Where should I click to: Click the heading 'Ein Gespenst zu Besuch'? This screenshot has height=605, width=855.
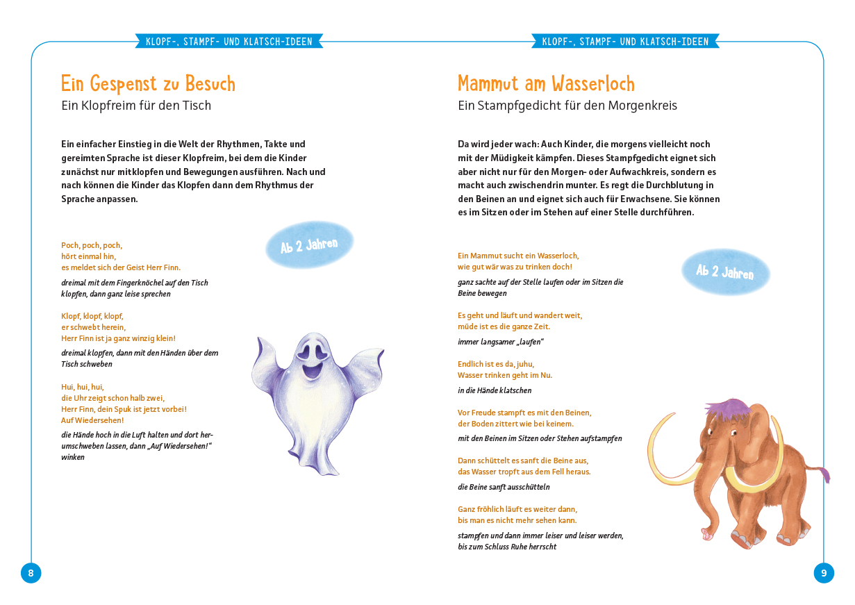(x=148, y=84)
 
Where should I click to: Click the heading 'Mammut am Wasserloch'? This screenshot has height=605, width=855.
(x=546, y=84)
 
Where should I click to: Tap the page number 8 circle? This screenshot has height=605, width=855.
(x=31, y=573)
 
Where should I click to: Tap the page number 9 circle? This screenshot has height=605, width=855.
(x=824, y=573)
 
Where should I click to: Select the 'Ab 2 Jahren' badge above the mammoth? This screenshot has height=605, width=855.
(x=725, y=272)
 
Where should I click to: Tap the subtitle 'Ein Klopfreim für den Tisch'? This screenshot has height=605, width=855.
(x=136, y=106)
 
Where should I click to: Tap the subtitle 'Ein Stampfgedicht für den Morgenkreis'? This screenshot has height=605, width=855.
(x=567, y=106)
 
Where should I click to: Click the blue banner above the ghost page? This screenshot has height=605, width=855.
(x=229, y=42)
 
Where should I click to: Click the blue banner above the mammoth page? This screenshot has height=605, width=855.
(x=625, y=42)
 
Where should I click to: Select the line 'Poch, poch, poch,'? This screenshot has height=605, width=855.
(x=92, y=245)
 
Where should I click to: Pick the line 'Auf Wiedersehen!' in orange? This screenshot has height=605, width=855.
(x=92, y=420)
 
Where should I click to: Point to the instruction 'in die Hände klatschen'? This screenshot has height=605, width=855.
(x=495, y=390)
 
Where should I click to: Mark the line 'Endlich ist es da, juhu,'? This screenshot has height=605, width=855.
(x=496, y=364)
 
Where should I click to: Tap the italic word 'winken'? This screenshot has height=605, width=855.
(x=73, y=457)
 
